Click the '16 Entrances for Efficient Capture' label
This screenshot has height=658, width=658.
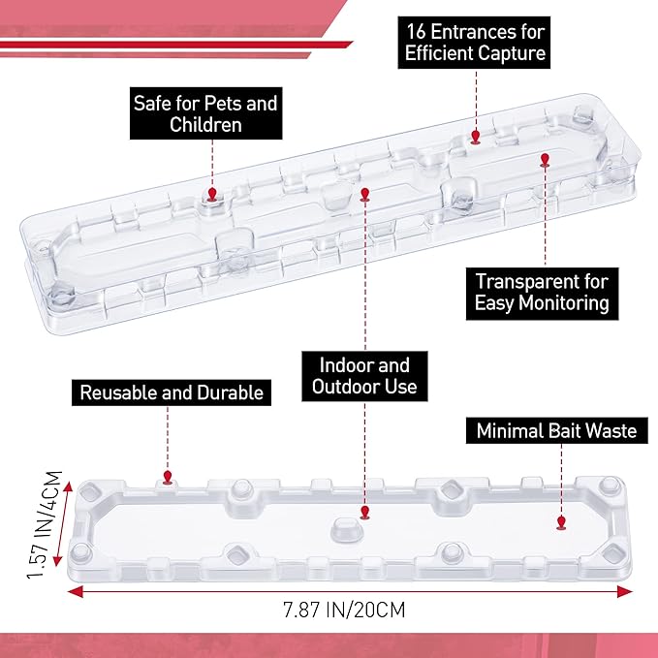[474, 43]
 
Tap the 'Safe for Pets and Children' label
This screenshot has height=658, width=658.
[205, 113]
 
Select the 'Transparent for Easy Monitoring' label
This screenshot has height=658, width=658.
[542, 294]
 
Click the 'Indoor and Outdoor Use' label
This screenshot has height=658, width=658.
[364, 376]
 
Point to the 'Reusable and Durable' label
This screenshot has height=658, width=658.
[172, 392]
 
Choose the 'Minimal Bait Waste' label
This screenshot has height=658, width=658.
[557, 430]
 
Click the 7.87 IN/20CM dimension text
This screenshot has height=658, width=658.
[345, 610]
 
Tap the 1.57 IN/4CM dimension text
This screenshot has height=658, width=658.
[45, 524]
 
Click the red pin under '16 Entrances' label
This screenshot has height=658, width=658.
[476, 138]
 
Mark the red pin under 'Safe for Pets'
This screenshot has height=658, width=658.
[212, 195]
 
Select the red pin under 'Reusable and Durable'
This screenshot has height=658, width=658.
[168, 478]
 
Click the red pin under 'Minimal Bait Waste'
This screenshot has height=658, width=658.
[561, 523]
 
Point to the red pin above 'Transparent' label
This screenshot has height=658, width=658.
[545, 160]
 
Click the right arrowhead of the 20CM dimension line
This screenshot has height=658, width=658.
[625, 592]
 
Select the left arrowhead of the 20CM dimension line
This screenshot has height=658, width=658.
[76, 592]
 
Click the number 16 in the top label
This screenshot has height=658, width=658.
[417, 32]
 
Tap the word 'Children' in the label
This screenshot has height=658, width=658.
[206, 125]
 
